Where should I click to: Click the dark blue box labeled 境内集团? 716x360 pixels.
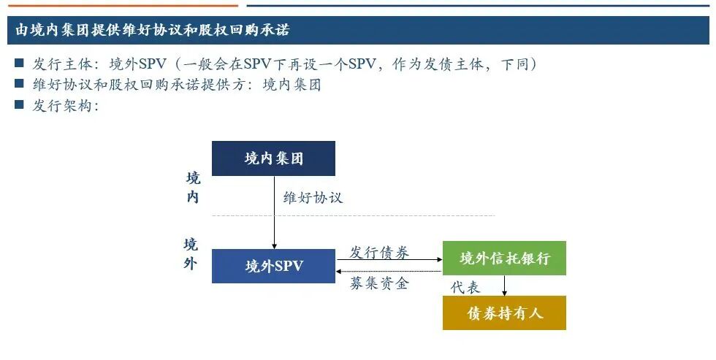(273, 158)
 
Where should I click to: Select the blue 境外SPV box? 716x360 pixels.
(273, 266)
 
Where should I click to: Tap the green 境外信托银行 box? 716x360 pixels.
(504, 258)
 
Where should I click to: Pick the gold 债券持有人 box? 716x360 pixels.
(504, 313)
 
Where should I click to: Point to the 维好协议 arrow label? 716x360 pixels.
(313, 198)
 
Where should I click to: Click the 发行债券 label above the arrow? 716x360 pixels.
(379, 253)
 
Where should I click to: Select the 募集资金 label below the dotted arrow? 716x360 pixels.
(379, 284)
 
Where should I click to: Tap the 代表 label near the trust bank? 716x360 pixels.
(465, 287)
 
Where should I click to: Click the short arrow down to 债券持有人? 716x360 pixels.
(504, 286)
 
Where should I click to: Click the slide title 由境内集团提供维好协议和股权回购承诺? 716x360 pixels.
(153, 30)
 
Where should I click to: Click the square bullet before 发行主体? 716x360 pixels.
(20, 64)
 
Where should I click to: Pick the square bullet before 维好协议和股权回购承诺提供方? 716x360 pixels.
(20, 84)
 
